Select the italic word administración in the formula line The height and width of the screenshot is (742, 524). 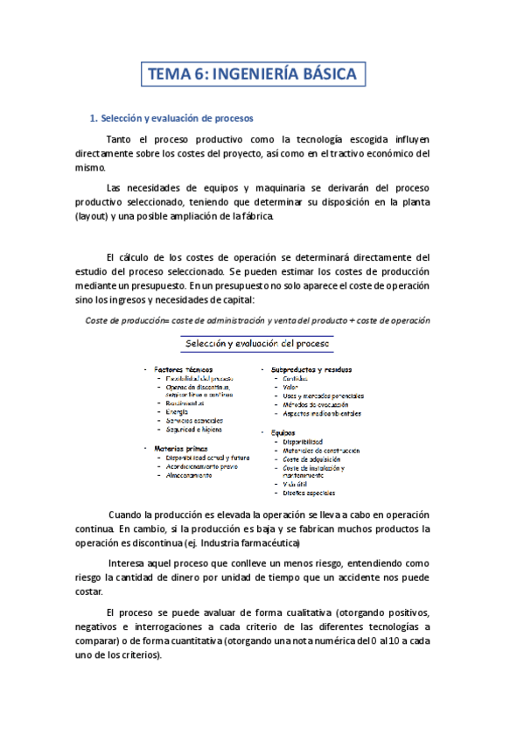point(231,320)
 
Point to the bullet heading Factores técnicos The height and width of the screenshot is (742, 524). point(183,369)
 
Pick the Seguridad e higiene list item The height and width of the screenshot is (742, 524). point(194,430)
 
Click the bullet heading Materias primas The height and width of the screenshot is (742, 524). point(181,448)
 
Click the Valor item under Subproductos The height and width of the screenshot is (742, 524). point(290,387)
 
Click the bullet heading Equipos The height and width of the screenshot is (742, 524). point(283,432)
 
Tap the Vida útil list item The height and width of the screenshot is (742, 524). point(295,484)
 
